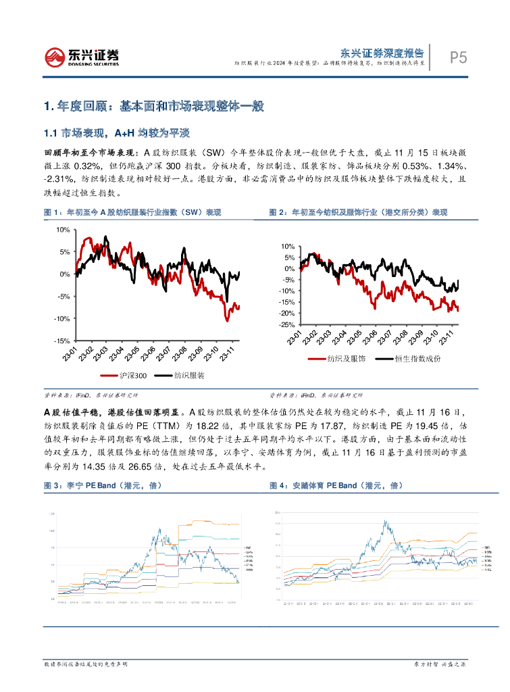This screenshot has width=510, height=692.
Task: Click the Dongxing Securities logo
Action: pos(82,57)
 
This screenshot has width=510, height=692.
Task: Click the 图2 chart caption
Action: pos(358,212)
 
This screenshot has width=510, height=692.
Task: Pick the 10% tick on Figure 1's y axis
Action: pos(63,230)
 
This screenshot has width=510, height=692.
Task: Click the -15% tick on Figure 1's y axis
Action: pos(61,341)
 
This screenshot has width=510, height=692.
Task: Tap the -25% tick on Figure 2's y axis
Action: pos(286,324)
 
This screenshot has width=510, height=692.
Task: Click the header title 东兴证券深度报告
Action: pos(381,51)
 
